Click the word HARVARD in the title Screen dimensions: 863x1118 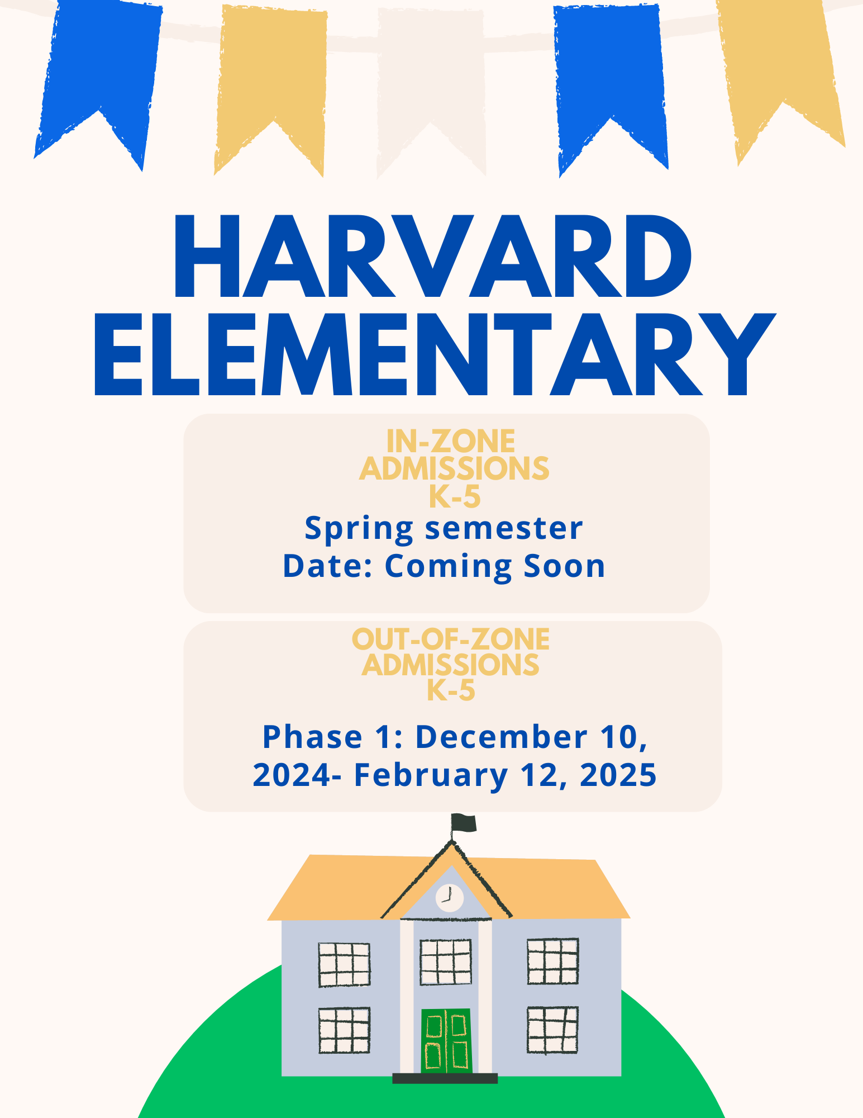click(433, 256)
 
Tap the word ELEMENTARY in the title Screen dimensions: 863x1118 click(435, 354)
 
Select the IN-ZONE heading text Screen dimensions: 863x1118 click(451, 442)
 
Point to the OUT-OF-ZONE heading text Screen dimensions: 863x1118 click(451, 639)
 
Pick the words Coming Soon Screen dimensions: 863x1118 click(495, 566)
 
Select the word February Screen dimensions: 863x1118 click(431, 776)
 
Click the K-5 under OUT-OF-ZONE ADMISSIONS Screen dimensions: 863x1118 click(451, 690)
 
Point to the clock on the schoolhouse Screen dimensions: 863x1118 click(449, 898)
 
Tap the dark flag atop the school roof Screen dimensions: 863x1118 click(464, 823)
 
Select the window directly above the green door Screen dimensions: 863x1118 click(446, 962)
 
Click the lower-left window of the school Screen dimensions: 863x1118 click(344, 1030)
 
